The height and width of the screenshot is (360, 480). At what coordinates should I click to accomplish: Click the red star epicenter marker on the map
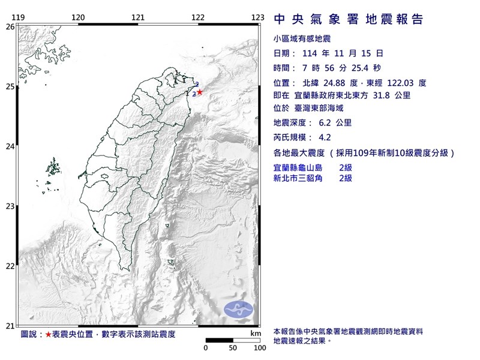[200, 92]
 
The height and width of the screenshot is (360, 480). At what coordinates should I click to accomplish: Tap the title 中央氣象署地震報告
[348, 20]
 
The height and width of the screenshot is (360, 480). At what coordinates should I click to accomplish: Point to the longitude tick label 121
[138, 17]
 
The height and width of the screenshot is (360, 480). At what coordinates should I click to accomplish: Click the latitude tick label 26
[10, 27]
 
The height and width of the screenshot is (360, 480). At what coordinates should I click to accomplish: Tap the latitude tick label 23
[10, 207]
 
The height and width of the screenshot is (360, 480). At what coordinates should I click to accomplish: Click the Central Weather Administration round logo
[239, 310]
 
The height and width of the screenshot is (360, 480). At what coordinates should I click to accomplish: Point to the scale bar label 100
[259, 347]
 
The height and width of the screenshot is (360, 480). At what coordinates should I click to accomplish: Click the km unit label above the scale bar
[256, 332]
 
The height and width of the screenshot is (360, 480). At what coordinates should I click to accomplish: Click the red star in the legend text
[49, 333]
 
